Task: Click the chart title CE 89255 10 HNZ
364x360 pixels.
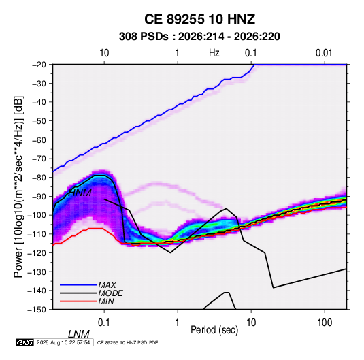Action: click(x=199, y=19)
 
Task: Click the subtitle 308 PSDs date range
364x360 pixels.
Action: click(x=199, y=37)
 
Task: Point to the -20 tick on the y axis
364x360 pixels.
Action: click(x=39, y=65)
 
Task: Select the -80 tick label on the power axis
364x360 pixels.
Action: click(x=39, y=178)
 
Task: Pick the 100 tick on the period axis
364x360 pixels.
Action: click(x=325, y=323)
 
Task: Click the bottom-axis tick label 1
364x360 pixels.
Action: click(x=178, y=323)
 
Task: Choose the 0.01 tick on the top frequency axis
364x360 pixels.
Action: click(x=324, y=53)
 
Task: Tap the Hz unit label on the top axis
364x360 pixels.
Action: click(x=214, y=53)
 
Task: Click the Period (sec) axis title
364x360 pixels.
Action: click(x=214, y=330)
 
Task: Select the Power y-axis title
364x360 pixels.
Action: click(x=18, y=187)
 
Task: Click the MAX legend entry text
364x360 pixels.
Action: click(x=107, y=285)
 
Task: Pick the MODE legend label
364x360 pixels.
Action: click(x=110, y=293)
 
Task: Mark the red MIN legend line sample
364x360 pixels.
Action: click(x=78, y=301)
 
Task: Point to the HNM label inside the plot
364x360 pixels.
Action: click(x=80, y=193)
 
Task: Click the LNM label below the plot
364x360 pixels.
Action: click(x=78, y=334)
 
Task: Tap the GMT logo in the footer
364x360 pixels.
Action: click(x=24, y=342)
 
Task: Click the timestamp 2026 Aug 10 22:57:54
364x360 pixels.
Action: click(x=63, y=342)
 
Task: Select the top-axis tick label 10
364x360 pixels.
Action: click(x=104, y=53)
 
